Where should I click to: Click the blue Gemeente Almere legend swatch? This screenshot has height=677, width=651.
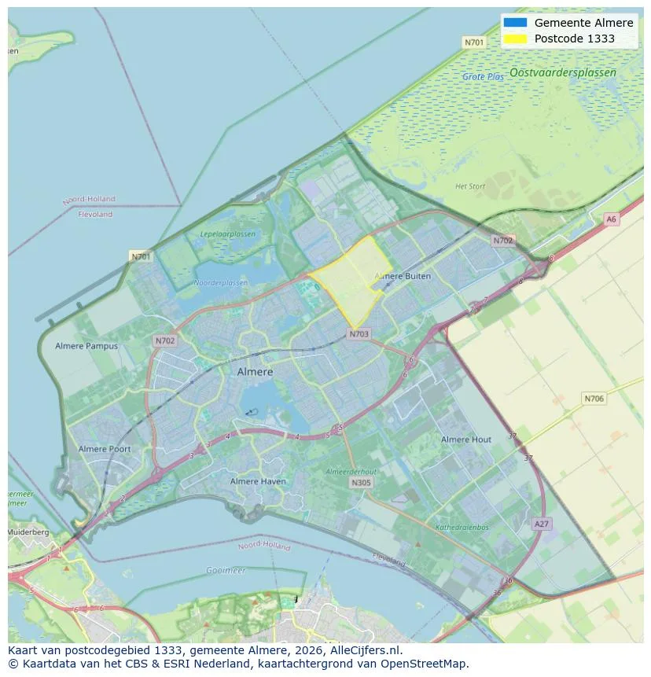(x=516, y=23)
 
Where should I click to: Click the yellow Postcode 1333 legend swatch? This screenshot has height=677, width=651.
(x=516, y=39)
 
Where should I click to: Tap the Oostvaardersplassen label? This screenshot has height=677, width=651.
(x=562, y=72)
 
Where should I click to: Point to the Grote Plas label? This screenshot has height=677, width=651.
(x=483, y=77)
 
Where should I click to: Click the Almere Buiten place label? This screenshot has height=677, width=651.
(x=403, y=276)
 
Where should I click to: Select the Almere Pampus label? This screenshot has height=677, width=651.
(x=86, y=346)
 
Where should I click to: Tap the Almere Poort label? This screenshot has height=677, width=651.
(x=105, y=449)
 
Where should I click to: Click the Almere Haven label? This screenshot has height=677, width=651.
(x=258, y=481)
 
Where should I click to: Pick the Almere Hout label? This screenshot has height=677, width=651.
(x=466, y=440)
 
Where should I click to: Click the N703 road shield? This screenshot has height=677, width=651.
(x=359, y=334)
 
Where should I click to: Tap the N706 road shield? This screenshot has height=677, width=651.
(x=594, y=399)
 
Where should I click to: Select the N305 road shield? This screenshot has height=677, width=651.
(x=361, y=483)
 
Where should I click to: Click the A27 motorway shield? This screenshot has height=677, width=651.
(x=541, y=524)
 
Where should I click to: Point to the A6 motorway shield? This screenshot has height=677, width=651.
(x=612, y=219)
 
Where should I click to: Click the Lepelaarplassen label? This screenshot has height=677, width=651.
(x=228, y=234)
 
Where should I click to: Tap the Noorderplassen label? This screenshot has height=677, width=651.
(x=220, y=282)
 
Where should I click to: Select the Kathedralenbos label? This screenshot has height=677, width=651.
(x=462, y=528)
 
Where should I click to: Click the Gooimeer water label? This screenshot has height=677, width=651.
(x=226, y=570)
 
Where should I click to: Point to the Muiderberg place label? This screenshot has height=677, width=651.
(x=28, y=532)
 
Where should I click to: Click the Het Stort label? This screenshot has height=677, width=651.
(x=470, y=186)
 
